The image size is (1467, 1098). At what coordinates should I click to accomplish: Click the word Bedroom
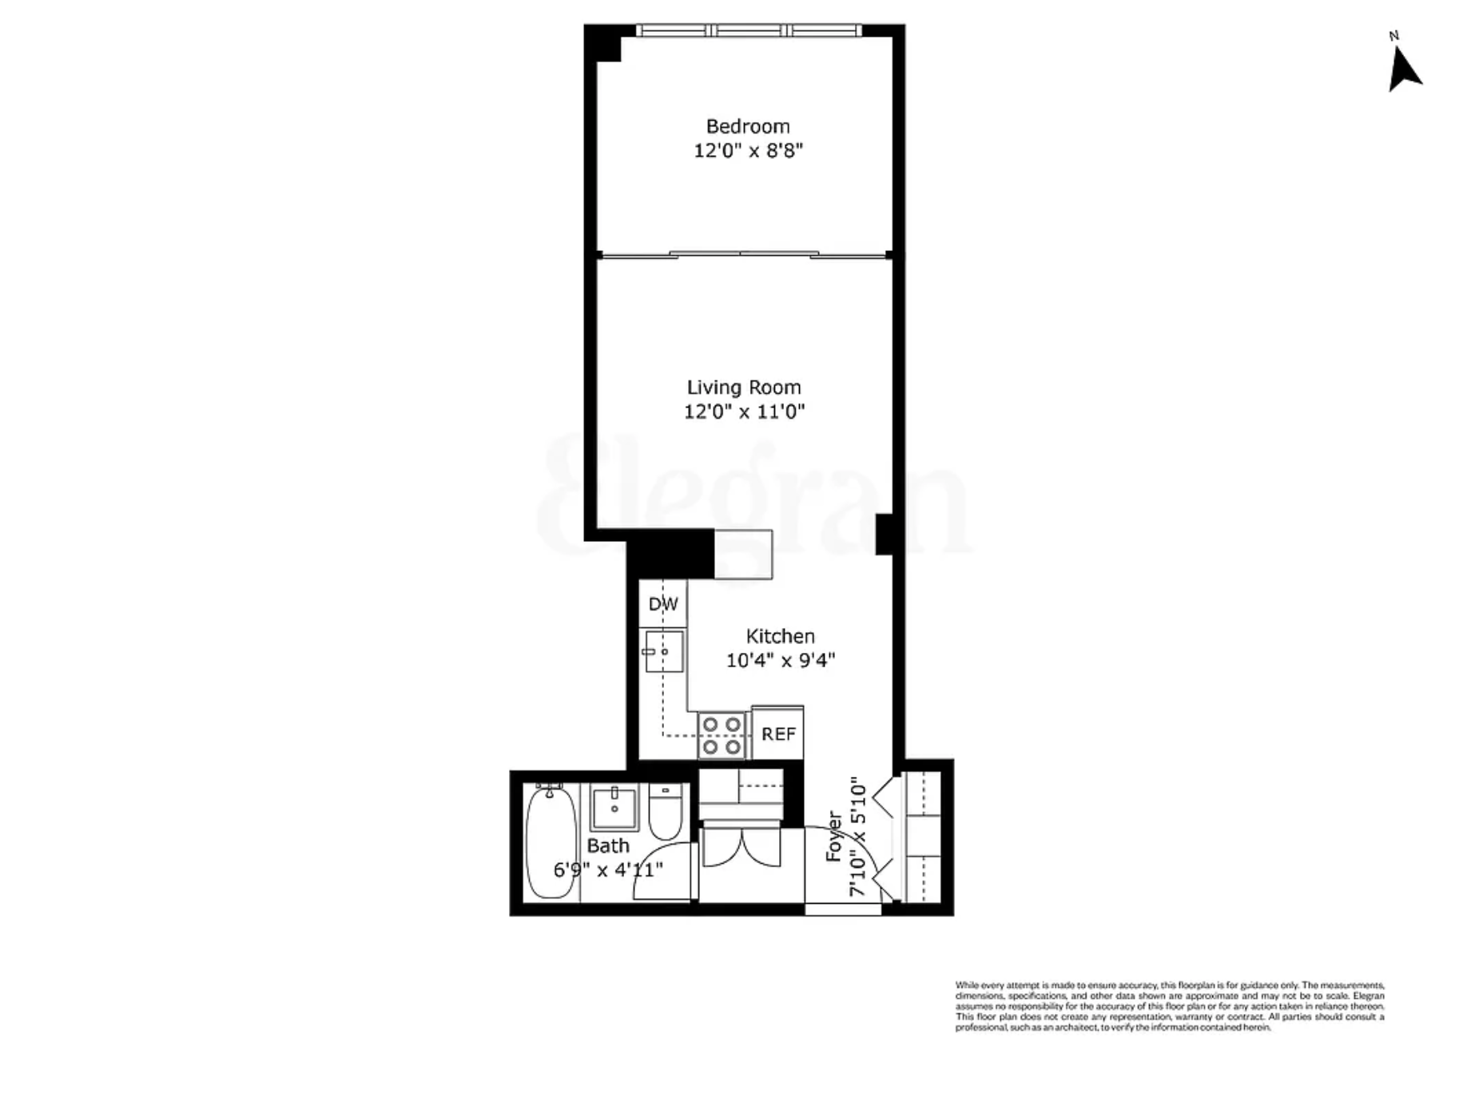pyautogui.click(x=747, y=126)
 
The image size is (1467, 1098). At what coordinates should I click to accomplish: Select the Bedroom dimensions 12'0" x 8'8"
pyautogui.click(x=747, y=150)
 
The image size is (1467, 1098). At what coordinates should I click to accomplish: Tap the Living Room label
pyautogui.click(x=743, y=388)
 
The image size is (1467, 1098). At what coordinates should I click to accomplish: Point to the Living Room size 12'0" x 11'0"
pyautogui.click(x=743, y=412)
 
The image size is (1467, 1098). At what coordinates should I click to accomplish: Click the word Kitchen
pyautogui.click(x=780, y=636)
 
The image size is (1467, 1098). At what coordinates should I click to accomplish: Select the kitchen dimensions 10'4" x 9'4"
pyautogui.click(x=780, y=660)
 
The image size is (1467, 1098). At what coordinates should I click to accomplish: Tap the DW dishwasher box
pyautogui.click(x=662, y=604)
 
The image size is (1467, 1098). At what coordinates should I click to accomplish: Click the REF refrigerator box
pyautogui.click(x=777, y=734)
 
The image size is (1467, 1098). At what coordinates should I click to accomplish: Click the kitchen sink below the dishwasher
pyautogui.click(x=663, y=651)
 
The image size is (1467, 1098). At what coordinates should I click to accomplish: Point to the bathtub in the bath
pyautogui.click(x=551, y=843)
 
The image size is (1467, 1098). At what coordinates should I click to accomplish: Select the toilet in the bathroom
pyautogui.click(x=665, y=811)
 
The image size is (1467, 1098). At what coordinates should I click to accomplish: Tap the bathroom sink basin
pyautogui.click(x=614, y=808)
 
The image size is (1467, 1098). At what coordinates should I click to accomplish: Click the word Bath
pyautogui.click(x=608, y=845)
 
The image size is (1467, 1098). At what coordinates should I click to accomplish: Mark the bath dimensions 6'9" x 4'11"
pyautogui.click(x=608, y=869)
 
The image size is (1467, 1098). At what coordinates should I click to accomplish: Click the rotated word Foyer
pyautogui.click(x=834, y=837)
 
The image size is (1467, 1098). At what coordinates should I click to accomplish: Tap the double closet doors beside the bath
pyautogui.click(x=741, y=849)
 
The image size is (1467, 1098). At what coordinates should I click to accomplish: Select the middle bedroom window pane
pyautogui.click(x=749, y=30)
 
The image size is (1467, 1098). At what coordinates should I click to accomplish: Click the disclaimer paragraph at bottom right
pyautogui.click(x=1169, y=1006)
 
